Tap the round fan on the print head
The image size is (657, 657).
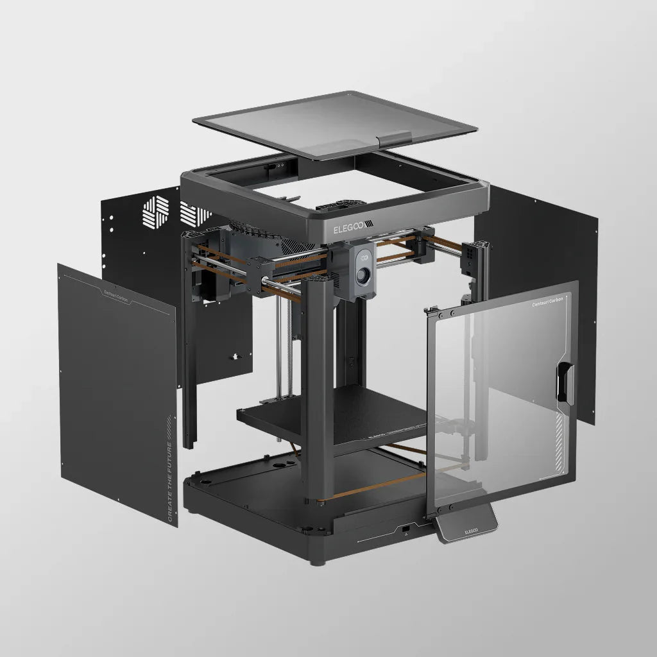pyautogui.click(x=364, y=276)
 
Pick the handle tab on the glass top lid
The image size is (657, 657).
pyautogui.click(x=395, y=139)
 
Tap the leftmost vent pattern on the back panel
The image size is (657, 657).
pyautogui.click(x=155, y=212)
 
